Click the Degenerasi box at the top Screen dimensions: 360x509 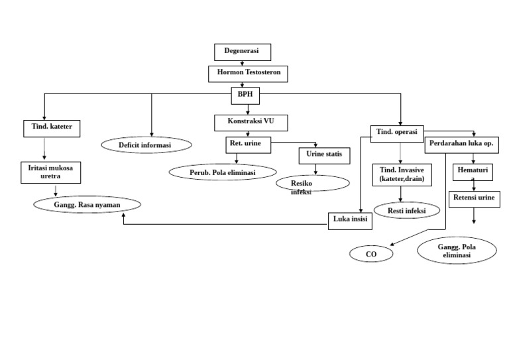click(242, 52)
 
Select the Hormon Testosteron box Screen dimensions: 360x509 click(248, 73)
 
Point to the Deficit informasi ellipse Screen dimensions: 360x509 click(146, 145)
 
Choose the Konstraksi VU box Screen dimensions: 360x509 click(251, 123)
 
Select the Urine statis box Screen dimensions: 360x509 click(324, 156)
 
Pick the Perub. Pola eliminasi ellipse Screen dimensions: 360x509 click(223, 172)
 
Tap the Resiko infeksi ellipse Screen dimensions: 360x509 click(311, 184)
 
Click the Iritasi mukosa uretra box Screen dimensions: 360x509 click(50, 172)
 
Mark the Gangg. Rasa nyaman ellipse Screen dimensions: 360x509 click(87, 205)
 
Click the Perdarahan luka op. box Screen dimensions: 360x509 click(461, 145)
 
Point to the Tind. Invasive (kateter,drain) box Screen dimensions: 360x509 click(402, 174)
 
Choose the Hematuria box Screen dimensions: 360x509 click(473, 172)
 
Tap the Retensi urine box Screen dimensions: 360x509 click(475, 198)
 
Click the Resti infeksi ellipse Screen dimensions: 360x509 click(407, 211)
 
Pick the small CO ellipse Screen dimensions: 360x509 click(371, 254)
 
